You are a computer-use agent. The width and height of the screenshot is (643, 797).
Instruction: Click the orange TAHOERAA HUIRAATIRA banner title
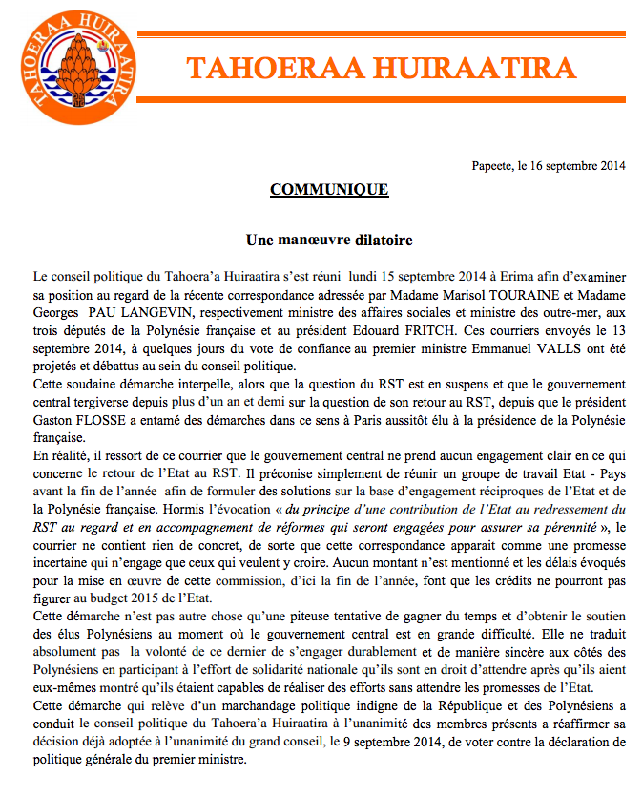click(381, 68)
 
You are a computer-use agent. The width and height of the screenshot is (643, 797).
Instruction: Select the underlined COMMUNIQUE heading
click(329, 189)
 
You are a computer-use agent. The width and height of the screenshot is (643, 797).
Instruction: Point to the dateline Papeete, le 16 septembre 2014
click(549, 165)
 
